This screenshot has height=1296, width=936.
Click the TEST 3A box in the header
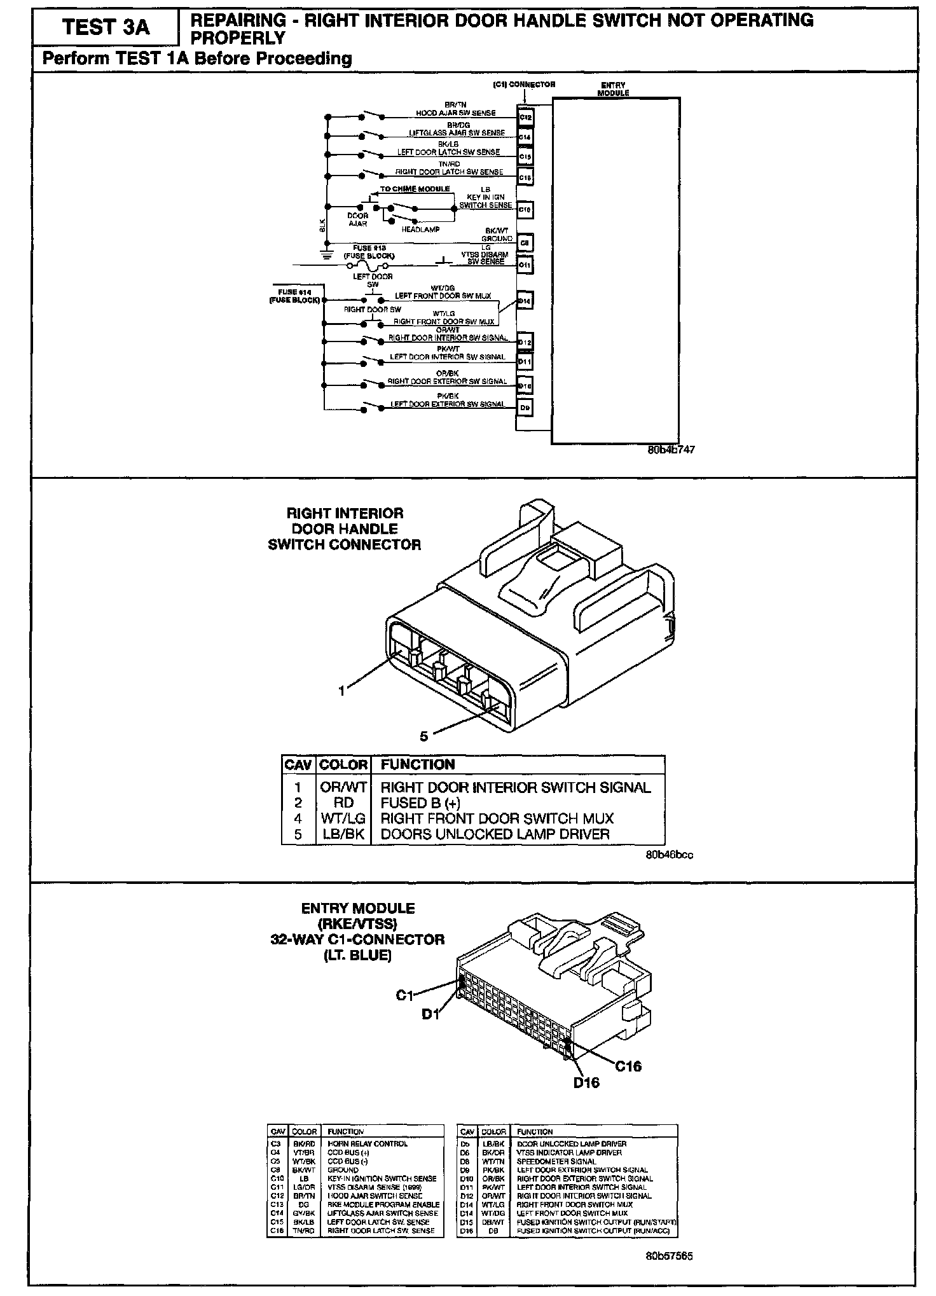click(106, 28)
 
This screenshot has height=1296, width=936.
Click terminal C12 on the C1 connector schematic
click(525, 118)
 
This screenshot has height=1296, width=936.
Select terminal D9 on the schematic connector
click(525, 407)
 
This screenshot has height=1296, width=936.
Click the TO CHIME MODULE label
click(415, 189)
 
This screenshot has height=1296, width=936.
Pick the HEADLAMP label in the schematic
click(420, 230)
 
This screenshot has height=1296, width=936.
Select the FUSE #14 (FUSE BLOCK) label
click(295, 296)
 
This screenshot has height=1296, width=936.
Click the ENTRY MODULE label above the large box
click(613, 89)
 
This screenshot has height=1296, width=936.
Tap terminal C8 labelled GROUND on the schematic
click(525, 242)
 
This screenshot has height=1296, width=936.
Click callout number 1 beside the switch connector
click(342, 691)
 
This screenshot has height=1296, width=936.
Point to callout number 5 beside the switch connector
click(423, 736)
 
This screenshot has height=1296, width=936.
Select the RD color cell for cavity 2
click(343, 803)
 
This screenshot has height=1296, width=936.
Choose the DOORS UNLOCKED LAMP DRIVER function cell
click(495, 834)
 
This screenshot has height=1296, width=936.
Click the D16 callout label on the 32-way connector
click(586, 1082)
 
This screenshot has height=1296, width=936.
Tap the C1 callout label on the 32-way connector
click(405, 995)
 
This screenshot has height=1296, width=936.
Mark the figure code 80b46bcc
click(670, 855)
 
